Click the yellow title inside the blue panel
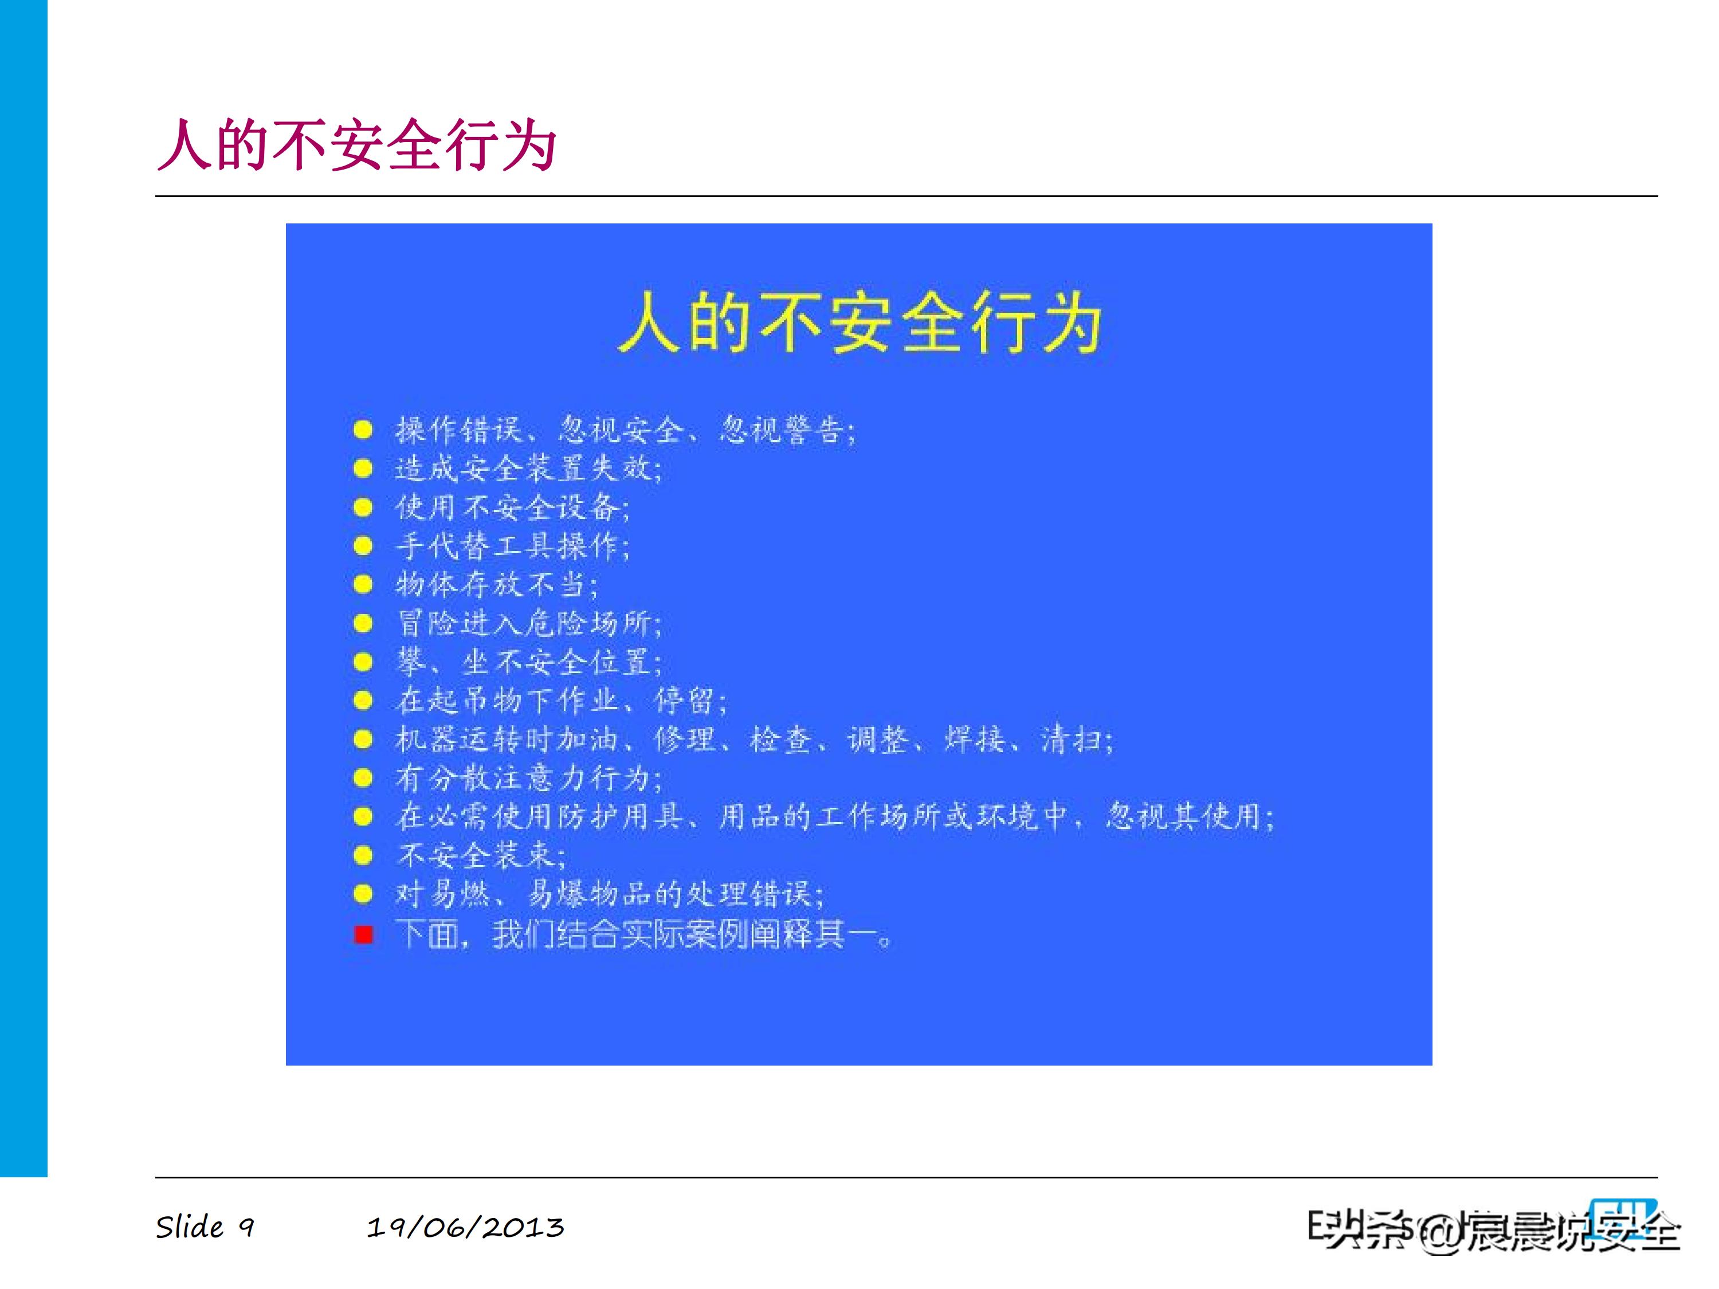(859, 323)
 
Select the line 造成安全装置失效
(528, 469)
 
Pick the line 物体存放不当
(496, 584)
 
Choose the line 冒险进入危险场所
(528, 623)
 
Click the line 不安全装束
(480, 855)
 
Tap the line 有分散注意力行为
(528, 778)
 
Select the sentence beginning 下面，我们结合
(643, 934)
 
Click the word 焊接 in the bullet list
(975, 739)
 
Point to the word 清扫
(1073, 739)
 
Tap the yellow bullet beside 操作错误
(363, 430)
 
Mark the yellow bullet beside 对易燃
(363, 894)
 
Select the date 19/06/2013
(465, 1227)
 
